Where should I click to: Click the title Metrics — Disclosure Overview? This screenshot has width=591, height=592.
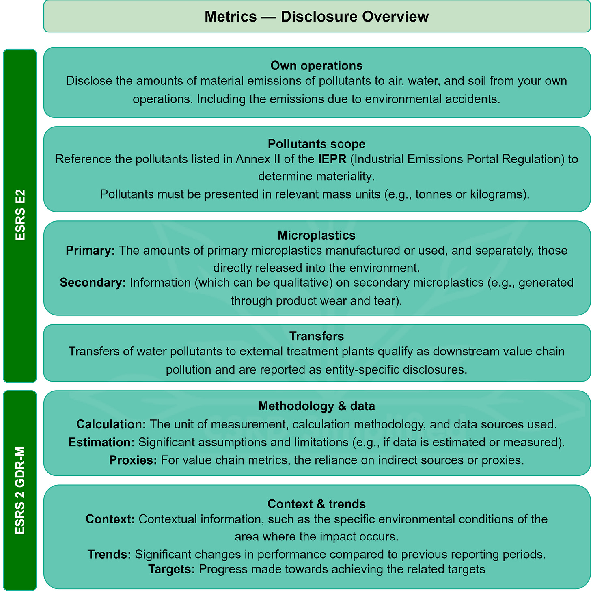[317, 17]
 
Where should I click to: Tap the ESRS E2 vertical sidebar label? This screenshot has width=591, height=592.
[20, 215]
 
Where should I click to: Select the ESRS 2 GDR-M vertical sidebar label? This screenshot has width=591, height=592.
[20, 490]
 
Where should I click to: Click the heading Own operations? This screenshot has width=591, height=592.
[317, 66]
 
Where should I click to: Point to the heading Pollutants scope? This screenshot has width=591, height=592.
[317, 144]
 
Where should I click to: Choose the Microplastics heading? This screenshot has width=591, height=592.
[317, 236]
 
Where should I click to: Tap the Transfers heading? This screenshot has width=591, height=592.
[317, 336]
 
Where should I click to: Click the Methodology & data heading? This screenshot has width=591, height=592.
[317, 406]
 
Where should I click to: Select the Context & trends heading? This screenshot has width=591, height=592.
[317, 504]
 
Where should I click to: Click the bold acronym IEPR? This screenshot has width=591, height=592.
[332, 159]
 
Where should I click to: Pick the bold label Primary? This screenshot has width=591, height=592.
[91, 251]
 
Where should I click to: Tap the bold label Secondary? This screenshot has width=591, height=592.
[93, 283]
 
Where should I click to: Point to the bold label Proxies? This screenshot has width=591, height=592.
[133, 460]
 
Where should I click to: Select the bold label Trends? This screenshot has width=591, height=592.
[109, 554]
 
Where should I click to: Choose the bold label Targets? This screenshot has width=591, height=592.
[172, 569]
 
